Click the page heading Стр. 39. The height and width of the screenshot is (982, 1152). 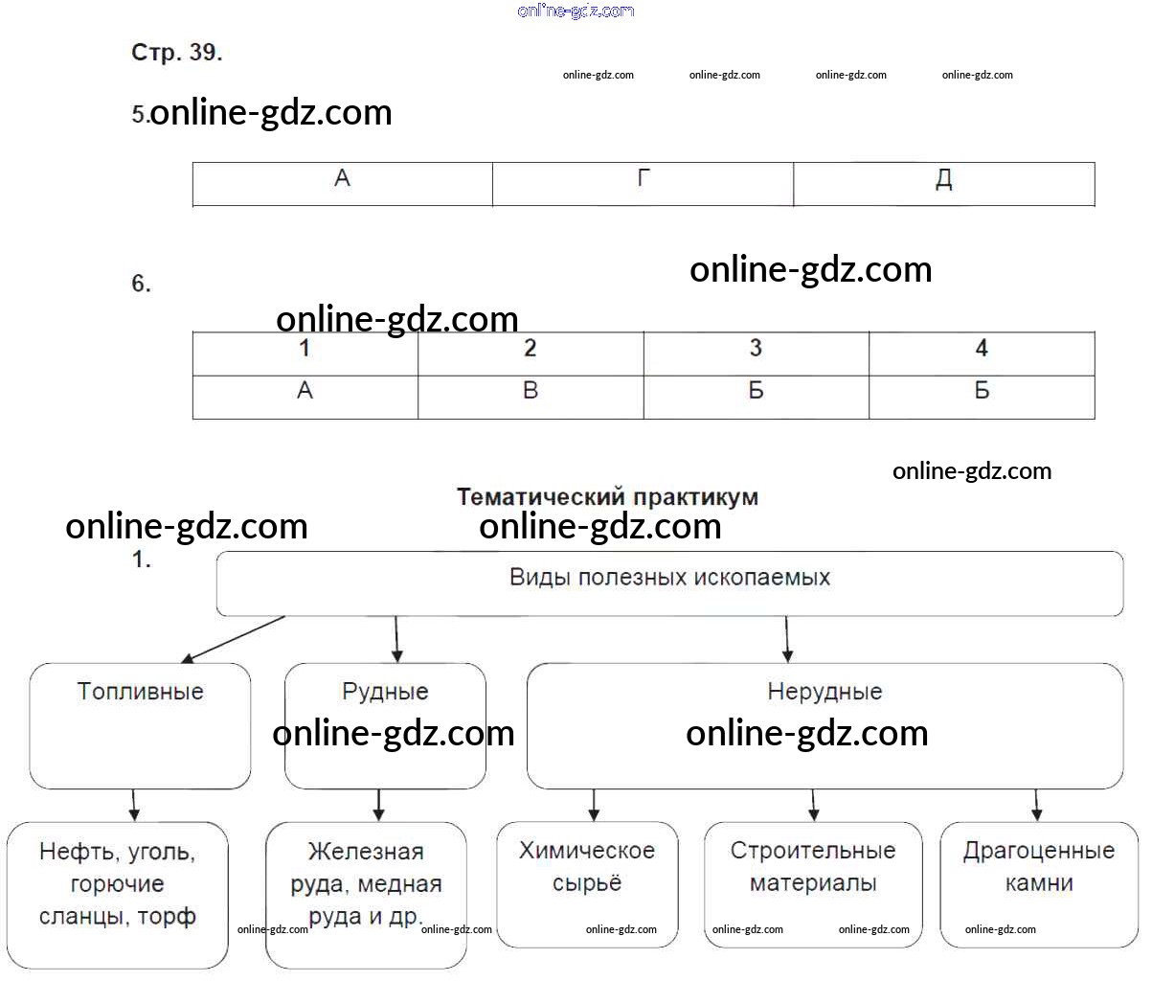coord(176,53)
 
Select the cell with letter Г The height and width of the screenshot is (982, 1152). coord(644,184)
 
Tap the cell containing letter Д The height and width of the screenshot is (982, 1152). coord(944,184)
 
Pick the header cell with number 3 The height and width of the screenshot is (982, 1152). coord(757,354)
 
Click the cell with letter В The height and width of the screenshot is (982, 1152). coord(531,397)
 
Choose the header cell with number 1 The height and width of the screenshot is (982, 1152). coord(305,354)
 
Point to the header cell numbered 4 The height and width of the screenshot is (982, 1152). coord(982,354)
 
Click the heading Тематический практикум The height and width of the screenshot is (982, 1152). coord(607,497)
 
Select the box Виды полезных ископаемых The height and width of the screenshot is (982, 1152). coord(670,583)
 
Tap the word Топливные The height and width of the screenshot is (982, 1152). coord(141,692)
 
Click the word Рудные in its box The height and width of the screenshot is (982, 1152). coord(385,692)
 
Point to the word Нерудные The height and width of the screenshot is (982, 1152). coord(824,692)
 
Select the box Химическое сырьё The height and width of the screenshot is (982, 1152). coord(587,884)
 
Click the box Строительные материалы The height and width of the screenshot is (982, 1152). coord(813,884)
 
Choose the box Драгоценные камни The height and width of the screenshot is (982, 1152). coord(1039,884)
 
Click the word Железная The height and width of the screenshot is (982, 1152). coord(366,852)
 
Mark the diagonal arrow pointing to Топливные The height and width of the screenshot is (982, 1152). coord(234,640)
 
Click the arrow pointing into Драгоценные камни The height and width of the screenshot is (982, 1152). coord(1037,805)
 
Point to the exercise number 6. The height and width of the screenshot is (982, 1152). coord(141,284)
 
